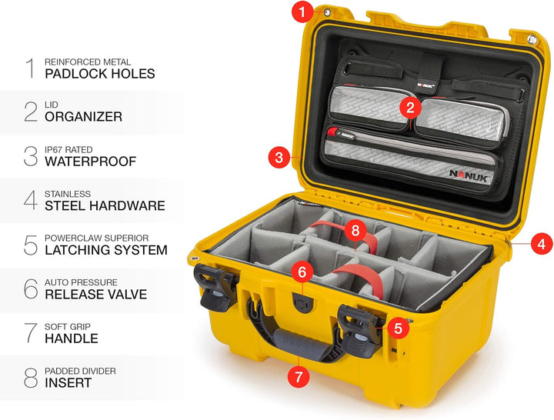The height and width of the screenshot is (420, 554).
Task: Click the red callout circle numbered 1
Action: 302,12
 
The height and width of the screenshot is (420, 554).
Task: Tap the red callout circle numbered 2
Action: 410,108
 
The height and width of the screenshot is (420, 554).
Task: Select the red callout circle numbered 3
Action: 279,157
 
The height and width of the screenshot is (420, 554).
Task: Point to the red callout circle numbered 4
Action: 542,244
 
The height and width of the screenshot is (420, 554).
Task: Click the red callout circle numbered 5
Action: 399,328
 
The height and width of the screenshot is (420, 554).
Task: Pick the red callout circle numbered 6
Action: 302,272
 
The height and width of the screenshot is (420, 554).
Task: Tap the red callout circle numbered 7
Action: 299,376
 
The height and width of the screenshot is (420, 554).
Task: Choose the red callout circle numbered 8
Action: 355,231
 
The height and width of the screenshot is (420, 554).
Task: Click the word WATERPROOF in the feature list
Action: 91,162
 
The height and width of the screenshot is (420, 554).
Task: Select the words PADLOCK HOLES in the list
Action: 100,74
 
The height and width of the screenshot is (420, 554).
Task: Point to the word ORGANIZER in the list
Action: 83,117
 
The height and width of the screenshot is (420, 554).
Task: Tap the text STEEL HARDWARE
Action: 105,205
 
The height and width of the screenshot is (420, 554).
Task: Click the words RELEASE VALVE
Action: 95,295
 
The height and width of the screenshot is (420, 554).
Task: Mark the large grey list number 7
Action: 31,333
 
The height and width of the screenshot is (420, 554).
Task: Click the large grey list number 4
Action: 31,200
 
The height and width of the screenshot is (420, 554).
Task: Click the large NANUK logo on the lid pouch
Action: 469,175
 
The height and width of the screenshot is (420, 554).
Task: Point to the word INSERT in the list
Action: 68,382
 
